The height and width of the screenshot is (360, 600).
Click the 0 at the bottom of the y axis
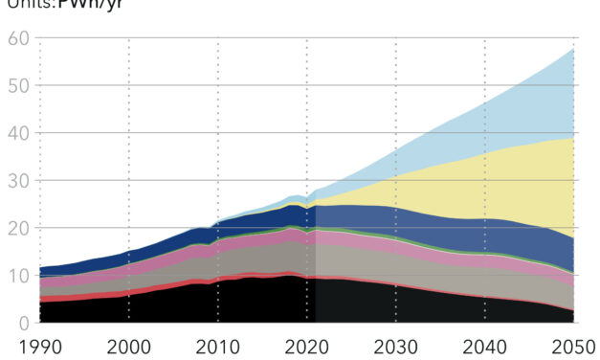(22, 324)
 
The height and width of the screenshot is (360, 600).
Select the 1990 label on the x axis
(40, 345)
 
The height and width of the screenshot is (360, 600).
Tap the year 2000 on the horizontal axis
(129, 345)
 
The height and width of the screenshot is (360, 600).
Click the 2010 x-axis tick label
(218, 345)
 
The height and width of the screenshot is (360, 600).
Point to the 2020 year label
(307, 345)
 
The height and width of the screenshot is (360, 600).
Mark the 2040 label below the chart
(485, 345)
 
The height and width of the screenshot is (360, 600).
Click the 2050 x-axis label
(572, 345)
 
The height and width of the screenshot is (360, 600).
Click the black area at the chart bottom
(239, 302)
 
